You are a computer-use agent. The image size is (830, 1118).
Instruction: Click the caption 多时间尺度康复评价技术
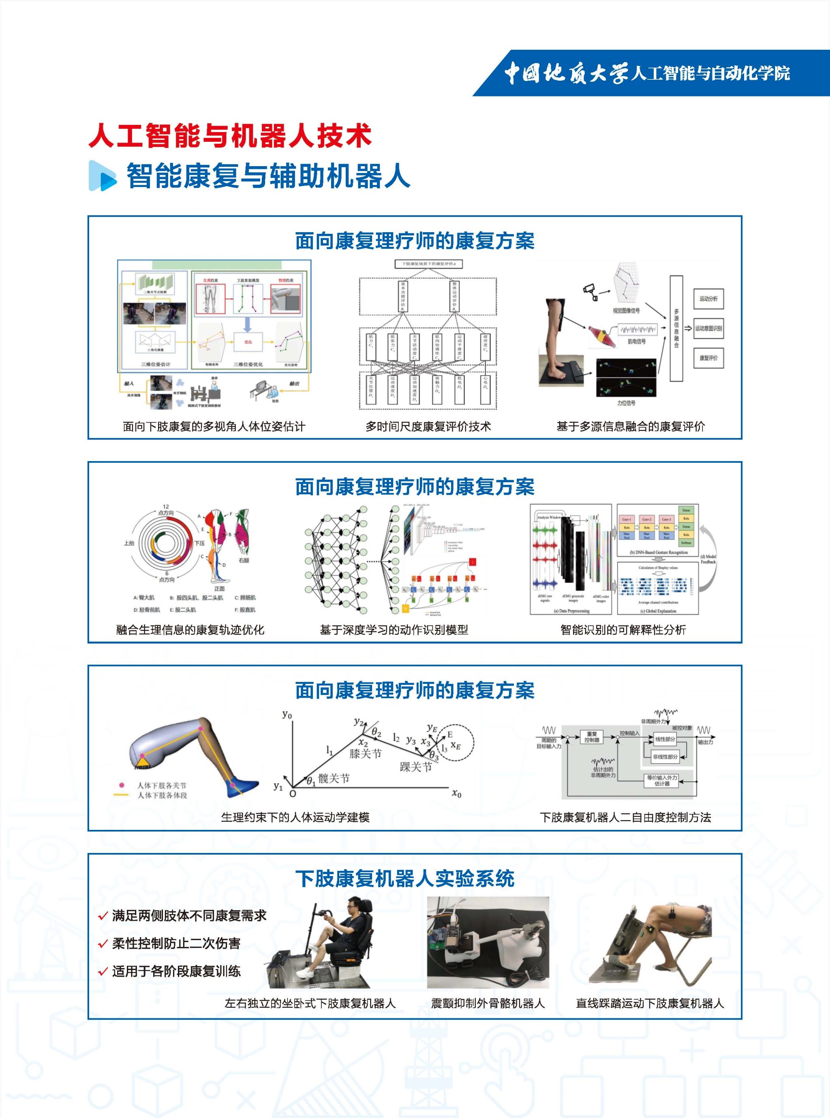pos(428,426)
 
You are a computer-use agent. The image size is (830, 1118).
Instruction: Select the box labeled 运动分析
pos(708,298)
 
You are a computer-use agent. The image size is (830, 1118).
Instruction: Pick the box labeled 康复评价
pos(708,358)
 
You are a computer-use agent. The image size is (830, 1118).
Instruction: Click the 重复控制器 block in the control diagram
pos(591,737)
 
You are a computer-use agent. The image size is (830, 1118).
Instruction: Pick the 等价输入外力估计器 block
pos(662,780)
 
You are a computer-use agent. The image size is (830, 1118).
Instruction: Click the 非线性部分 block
pos(665,757)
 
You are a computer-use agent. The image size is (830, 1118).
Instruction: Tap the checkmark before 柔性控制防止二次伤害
pos(103,944)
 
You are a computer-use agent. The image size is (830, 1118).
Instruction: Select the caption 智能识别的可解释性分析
pos(622,630)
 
